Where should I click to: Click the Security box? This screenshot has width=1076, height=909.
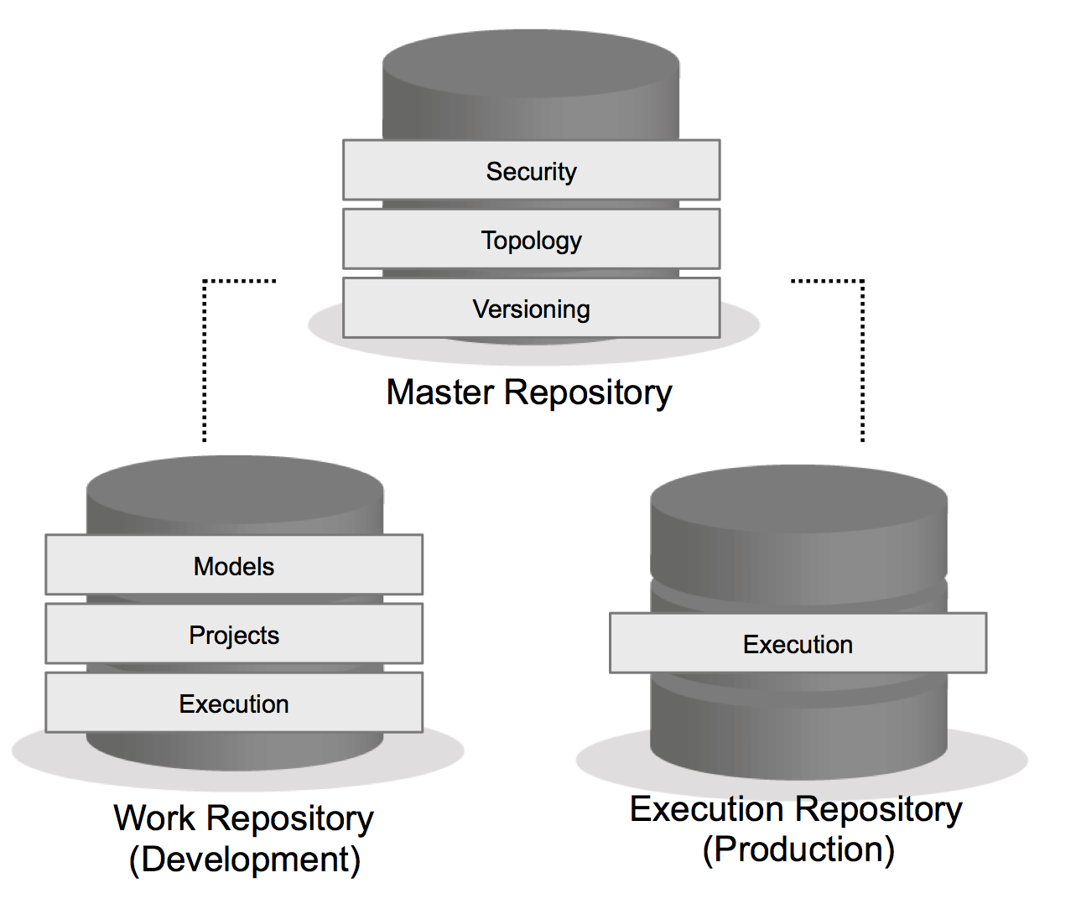tap(531, 170)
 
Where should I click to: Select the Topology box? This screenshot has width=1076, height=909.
tap(531, 240)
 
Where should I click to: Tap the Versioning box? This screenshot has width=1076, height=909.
tap(531, 309)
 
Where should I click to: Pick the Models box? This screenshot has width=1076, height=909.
tap(234, 566)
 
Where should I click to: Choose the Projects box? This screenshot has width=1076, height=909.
tap(234, 635)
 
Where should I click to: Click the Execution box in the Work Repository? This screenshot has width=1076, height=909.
tap(234, 704)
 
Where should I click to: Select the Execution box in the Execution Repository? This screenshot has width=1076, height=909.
tap(798, 644)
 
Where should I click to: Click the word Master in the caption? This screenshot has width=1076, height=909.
tap(440, 392)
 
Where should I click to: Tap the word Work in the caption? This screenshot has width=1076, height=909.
tap(154, 818)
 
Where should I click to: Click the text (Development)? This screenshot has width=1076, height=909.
tap(245, 860)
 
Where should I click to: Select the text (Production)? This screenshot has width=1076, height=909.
tap(798, 849)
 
